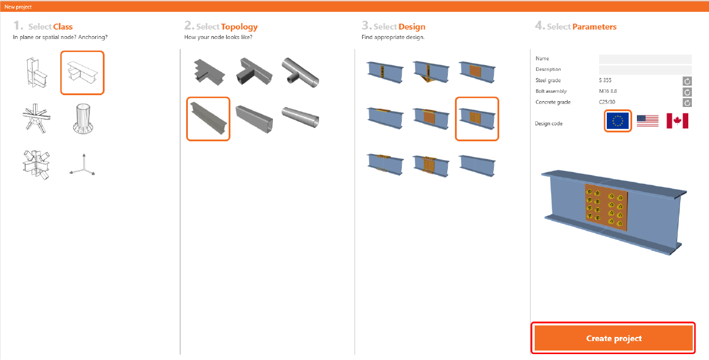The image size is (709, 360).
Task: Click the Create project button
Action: (613, 338)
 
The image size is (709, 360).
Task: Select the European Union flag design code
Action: (617, 121)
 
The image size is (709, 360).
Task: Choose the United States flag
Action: (648, 121)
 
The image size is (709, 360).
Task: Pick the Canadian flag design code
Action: (677, 121)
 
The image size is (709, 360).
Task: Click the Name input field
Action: (645, 59)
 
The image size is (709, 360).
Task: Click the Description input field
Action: (645, 69)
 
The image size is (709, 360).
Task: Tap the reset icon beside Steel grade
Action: (687, 81)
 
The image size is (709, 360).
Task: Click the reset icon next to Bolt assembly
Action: (687, 92)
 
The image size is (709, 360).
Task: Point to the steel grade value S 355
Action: (605, 80)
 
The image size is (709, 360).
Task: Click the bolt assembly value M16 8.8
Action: (608, 91)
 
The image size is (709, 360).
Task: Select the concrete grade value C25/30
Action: (607, 102)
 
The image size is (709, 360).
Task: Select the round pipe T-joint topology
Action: (300, 73)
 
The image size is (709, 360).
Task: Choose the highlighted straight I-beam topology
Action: (208, 119)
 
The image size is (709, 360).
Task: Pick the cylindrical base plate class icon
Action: (83, 119)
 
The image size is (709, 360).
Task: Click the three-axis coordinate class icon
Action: (83, 165)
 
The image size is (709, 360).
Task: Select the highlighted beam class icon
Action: (82, 73)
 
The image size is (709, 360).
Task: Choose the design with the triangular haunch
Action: (431, 73)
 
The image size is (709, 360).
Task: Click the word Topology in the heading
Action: (239, 27)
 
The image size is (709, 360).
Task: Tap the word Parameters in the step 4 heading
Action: (594, 27)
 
